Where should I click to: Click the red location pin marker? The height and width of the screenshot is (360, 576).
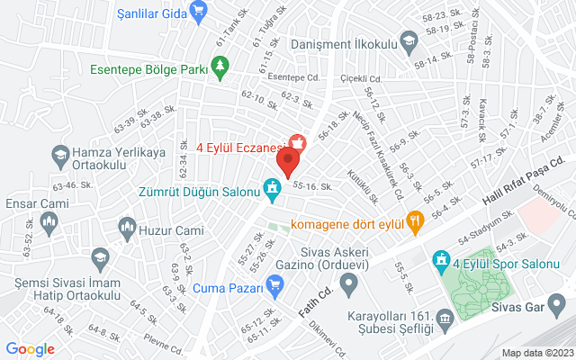pos(288,162)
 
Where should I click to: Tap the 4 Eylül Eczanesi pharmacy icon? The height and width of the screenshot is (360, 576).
pos(296,142)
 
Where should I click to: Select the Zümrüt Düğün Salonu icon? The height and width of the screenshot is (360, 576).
pos(270,188)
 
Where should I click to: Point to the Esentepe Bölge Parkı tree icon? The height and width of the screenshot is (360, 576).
pos(220,66)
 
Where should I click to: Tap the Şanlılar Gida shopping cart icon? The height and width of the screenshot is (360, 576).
pos(200,12)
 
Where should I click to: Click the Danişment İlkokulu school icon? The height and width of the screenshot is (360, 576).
pos(409,40)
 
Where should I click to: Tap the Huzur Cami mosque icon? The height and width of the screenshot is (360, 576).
pos(126,229)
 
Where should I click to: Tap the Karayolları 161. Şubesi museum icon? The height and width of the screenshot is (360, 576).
pos(445,319)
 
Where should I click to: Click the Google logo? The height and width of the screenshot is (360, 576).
pos(30,349)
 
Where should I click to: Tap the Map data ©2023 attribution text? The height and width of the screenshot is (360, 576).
pos(536,353)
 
